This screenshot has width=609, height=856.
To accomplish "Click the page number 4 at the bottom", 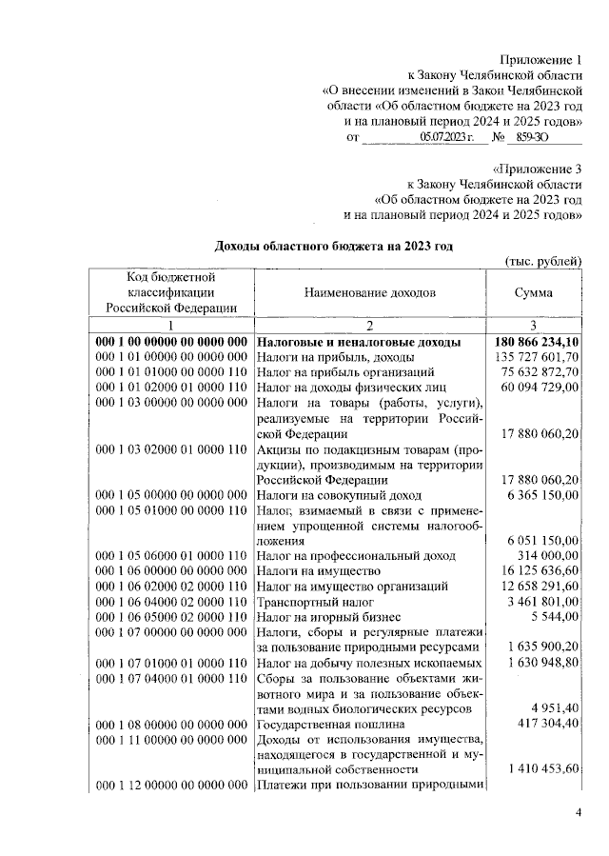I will (x=579, y=811).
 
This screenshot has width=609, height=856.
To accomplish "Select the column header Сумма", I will (x=533, y=293).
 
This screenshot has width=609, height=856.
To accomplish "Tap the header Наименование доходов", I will (x=370, y=293).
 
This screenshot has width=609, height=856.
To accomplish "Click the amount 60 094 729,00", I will (x=540, y=388).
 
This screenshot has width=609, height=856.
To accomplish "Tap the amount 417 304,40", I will (x=546, y=725).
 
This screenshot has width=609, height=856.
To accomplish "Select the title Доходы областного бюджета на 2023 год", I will (x=333, y=246).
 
